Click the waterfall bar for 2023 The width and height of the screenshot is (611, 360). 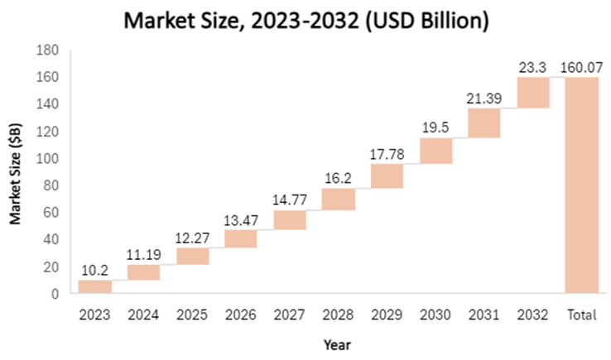94,286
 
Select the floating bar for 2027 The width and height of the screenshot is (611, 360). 290,219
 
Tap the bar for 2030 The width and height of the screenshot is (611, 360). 435,151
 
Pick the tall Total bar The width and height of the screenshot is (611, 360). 581,185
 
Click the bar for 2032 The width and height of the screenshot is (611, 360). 532,92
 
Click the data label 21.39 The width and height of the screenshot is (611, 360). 484,99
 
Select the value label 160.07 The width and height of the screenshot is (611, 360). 581,67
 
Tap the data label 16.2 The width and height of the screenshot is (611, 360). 338,179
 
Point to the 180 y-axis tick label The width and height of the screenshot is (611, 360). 49,50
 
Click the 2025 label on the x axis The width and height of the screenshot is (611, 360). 192,314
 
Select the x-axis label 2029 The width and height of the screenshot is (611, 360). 387,314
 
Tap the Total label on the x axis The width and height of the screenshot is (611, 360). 581,314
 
